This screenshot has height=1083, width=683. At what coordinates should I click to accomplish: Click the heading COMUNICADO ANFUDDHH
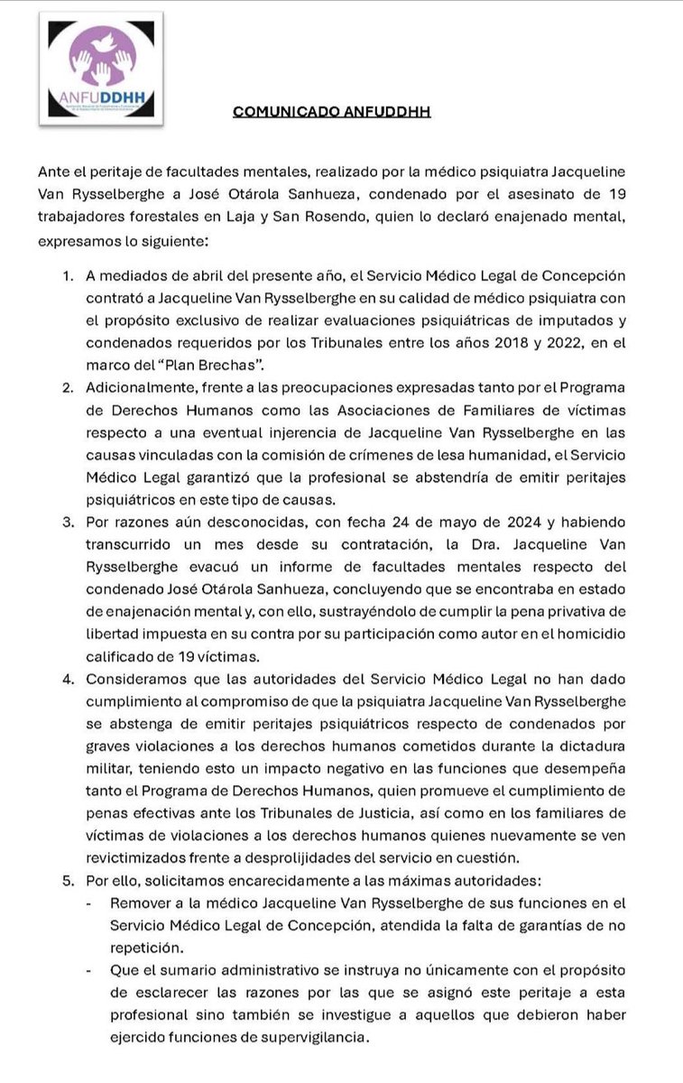pos(331,112)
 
